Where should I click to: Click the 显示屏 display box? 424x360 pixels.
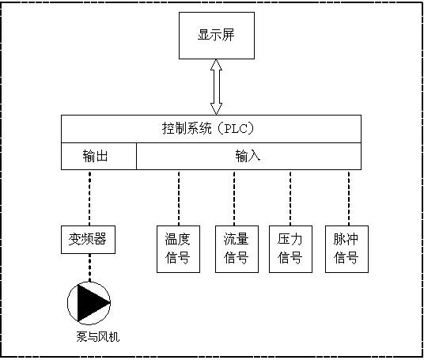coord(217,36)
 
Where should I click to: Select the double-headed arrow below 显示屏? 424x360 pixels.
coord(216,87)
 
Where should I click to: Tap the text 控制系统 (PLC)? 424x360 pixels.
coord(208,128)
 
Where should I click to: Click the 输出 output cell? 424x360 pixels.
coord(99,157)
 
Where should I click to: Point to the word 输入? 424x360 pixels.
coord(248,157)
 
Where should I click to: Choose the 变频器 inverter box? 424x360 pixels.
coord(88,240)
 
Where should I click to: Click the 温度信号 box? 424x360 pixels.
coord(179,249)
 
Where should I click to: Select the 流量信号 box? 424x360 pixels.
coord(237,249)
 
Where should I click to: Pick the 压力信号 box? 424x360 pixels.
coord(290,249)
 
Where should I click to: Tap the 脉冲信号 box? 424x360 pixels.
coord(346,249)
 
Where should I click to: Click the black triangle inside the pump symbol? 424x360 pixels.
coord(91,303)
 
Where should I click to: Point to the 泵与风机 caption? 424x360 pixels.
coord(98,337)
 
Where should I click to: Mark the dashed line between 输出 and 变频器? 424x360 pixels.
coord(89,198)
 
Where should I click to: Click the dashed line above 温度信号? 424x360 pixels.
coord(179,198)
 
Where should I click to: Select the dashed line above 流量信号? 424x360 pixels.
coord(234,198)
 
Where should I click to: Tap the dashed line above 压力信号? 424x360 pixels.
coord(290,198)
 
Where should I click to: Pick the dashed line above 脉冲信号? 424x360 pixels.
coord(349,198)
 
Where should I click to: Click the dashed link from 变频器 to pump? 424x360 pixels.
coord(89,267)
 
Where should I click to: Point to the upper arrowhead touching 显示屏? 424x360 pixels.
coord(216,65)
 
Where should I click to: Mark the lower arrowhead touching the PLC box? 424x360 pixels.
coord(216,109)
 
